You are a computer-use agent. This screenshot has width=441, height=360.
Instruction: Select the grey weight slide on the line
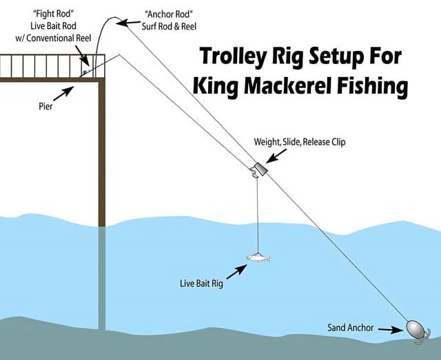pos(259,169)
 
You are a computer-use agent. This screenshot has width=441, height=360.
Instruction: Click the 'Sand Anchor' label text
pos(351,328)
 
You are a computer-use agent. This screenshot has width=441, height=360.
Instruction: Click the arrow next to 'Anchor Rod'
pos(127,23)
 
